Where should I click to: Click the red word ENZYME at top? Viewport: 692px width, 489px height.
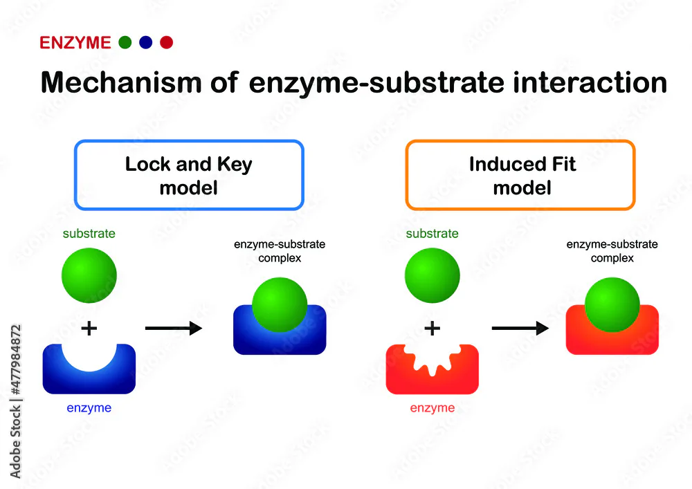pos(75,43)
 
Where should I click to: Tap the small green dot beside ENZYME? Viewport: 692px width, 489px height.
pos(125,43)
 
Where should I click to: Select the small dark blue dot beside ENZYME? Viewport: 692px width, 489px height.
pos(145,43)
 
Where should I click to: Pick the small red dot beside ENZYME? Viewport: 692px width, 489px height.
pos(166,43)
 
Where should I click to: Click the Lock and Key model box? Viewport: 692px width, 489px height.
pos(188,175)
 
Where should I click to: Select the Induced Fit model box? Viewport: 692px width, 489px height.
pos(520,175)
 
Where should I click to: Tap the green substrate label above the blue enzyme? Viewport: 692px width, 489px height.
pos(89,234)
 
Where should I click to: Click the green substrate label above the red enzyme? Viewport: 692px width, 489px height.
pos(432,234)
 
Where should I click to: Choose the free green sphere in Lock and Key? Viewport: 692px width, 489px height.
pos(89,275)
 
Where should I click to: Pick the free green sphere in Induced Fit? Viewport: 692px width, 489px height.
pos(432,275)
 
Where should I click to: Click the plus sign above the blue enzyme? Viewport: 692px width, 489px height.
pos(89,328)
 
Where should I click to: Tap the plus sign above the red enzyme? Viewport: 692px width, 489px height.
pos(432,328)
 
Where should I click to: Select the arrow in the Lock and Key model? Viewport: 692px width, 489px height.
pos(173,328)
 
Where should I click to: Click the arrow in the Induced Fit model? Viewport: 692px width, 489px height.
pos(520,328)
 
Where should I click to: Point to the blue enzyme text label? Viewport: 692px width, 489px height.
pos(89,408)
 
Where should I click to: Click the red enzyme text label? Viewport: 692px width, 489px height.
pos(432,408)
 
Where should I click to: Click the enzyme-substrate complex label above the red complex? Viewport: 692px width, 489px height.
pos(612,251)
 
